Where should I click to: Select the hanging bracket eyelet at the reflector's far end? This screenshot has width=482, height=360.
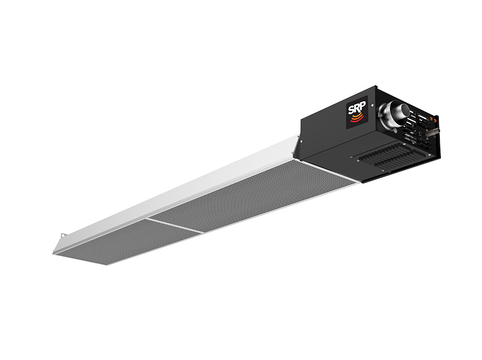[x=64, y=235]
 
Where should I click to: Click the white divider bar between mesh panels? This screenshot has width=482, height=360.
[x=175, y=225]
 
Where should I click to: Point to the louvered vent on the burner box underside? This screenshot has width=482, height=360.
[x=388, y=157]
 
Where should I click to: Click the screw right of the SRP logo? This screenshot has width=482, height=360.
[x=373, y=105]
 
